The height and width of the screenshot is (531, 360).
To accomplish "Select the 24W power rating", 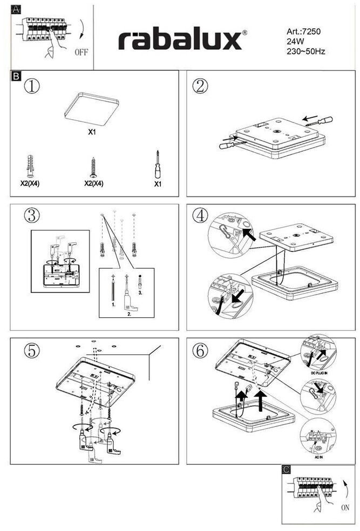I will pyautogui.click(x=295, y=42).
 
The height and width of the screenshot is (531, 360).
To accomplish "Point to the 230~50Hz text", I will pyautogui.click(x=306, y=52).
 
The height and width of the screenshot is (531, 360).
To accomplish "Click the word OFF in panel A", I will pyautogui.click(x=81, y=52).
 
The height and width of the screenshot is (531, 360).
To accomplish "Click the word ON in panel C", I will pyautogui.click(x=346, y=508).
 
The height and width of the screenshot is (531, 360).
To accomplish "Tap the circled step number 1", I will pyautogui.click(x=32, y=86).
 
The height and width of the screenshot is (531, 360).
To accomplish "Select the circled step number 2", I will pyautogui.click(x=201, y=86).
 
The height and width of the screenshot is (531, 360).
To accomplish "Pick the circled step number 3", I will pyautogui.click(x=32, y=215).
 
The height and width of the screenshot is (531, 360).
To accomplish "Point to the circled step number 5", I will pyautogui.click(x=32, y=350).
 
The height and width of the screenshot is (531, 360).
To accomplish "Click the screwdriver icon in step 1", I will pyautogui.click(x=158, y=165).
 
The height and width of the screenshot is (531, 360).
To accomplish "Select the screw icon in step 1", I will pyautogui.click(x=93, y=167).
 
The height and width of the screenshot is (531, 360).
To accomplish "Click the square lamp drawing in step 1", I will pyautogui.click(x=92, y=108).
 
